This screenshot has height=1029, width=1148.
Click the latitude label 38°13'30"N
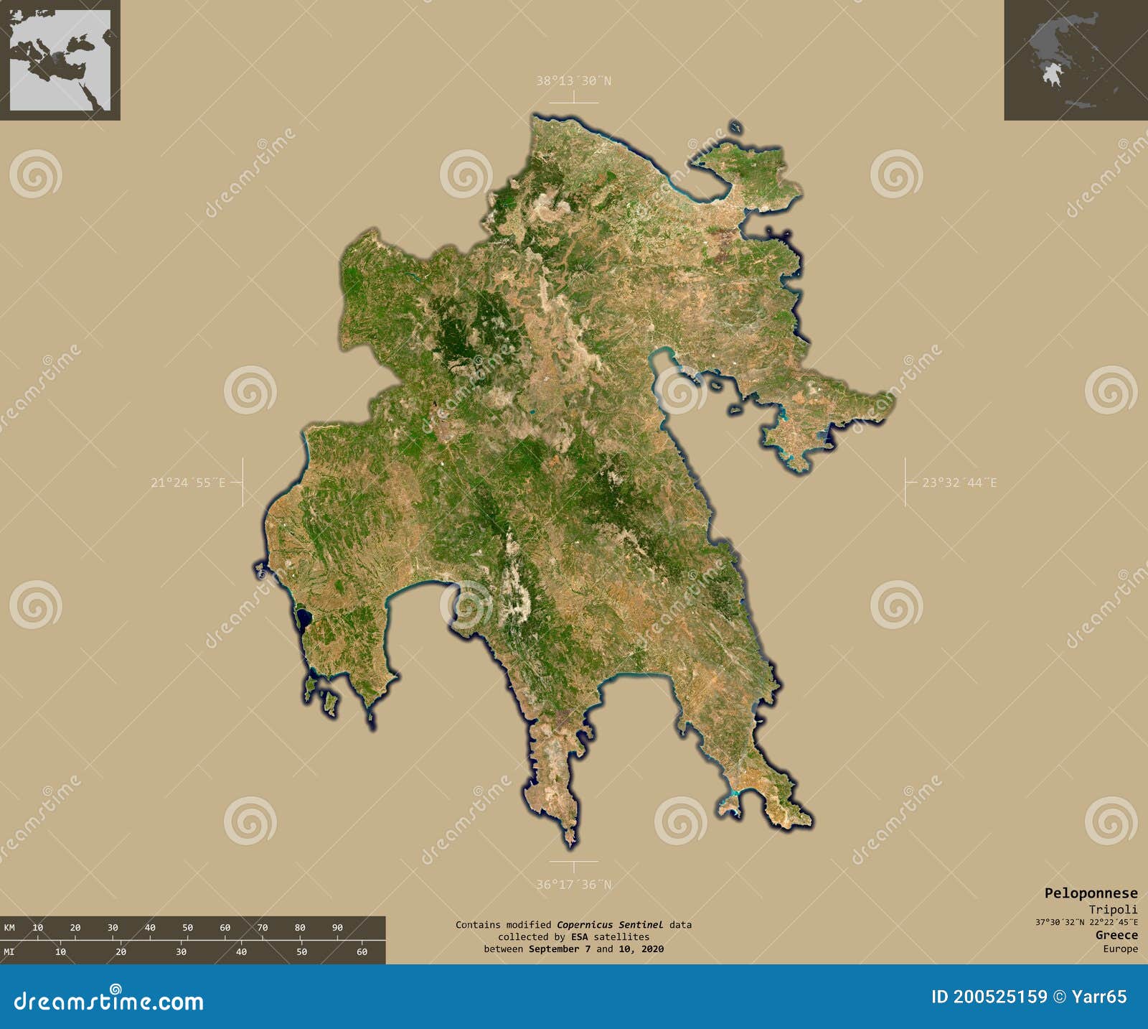pos(573,81)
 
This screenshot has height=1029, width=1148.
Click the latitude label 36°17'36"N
pos(573,885)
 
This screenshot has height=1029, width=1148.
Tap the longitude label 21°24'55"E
pos(188,483)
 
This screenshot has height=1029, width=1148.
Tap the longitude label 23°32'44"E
pos(959,483)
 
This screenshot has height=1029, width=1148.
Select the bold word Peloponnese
pos(1091,893)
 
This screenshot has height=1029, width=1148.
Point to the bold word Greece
pos(1116,935)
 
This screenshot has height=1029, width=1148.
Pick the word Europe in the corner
pos(1120,949)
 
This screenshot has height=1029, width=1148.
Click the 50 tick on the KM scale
pos(188,928)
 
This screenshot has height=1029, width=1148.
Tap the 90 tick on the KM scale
pos(337,928)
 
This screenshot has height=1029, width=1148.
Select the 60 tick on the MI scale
pos(362,952)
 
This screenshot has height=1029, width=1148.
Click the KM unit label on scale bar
pos(9,928)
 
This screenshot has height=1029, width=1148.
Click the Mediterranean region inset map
pos(60,60)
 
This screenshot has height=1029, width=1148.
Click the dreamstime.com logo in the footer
pos(109,1001)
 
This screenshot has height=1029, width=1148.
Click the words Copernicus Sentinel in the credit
pos(610,925)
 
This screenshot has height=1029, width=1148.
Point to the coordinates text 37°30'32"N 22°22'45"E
pos(1086,922)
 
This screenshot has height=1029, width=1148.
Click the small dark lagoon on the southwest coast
pos(303,617)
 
